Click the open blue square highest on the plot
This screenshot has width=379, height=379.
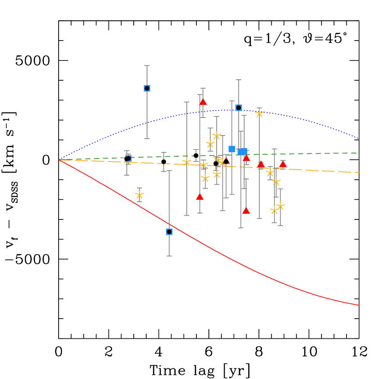click(x=147, y=88)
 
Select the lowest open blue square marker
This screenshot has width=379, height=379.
click(x=169, y=231)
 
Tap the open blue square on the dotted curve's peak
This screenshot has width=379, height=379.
click(x=238, y=107)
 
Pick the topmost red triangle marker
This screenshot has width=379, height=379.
click(x=203, y=102)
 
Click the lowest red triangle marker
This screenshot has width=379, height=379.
click(x=246, y=211)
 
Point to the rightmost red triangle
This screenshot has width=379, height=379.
click(x=283, y=164)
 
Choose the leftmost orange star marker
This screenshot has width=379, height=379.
click(x=139, y=195)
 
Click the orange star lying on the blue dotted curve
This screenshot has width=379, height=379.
click(x=259, y=113)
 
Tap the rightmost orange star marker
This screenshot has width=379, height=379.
click(x=280, y=206)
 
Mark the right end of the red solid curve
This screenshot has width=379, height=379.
click(x=358, y=305)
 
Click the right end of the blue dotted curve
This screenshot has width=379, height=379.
click(x=358, y=138)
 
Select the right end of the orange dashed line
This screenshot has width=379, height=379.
click(x=358, y=172)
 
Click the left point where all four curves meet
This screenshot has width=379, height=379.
click(x=59, y=160)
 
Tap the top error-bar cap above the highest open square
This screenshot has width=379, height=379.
click(x=147, y=65)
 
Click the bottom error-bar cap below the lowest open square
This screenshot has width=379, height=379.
click(x=169, y=256)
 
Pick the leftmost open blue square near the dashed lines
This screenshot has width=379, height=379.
click(x=128, y=159)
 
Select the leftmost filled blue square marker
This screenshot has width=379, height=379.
click(x=231, y=149)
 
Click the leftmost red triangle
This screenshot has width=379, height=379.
click(x=200, y=197)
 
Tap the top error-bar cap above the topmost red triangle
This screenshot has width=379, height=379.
click(x=203, y=89)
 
